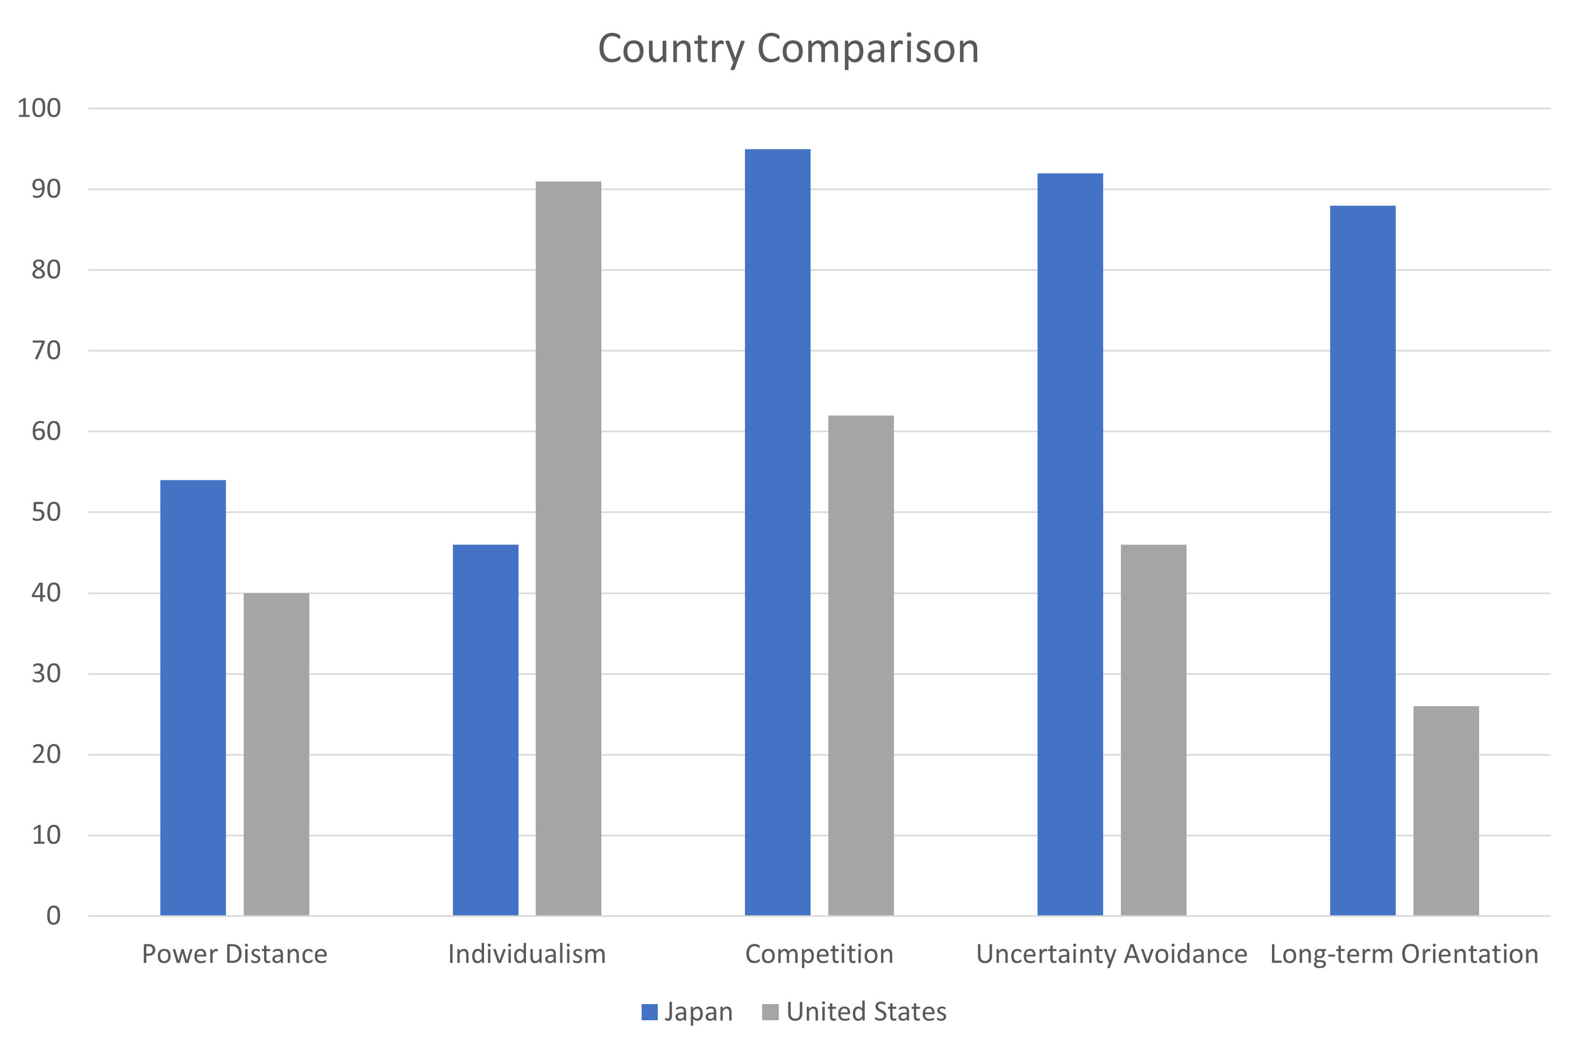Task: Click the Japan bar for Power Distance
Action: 193,698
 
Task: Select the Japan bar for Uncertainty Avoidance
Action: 1070,544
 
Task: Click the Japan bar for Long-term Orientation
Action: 1363,560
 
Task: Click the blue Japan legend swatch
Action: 649,1012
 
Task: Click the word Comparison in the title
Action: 867,49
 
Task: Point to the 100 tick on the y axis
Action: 39,108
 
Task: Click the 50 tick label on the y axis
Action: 46,513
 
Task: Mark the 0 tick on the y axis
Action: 53,916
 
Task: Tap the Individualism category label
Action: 527,954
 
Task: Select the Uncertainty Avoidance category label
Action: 1111,954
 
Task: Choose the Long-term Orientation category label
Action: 1404,954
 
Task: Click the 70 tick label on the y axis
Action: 46,350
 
